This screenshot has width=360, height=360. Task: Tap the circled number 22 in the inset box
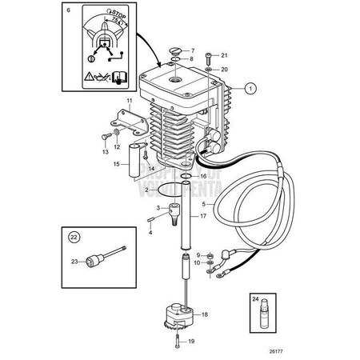[74, 236]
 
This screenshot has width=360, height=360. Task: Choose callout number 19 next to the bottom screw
[190, 341]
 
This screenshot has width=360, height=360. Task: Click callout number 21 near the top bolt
[224, 55]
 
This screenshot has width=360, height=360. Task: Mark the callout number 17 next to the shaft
[202, 217]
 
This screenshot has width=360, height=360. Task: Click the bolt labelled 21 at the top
[207, 58]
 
